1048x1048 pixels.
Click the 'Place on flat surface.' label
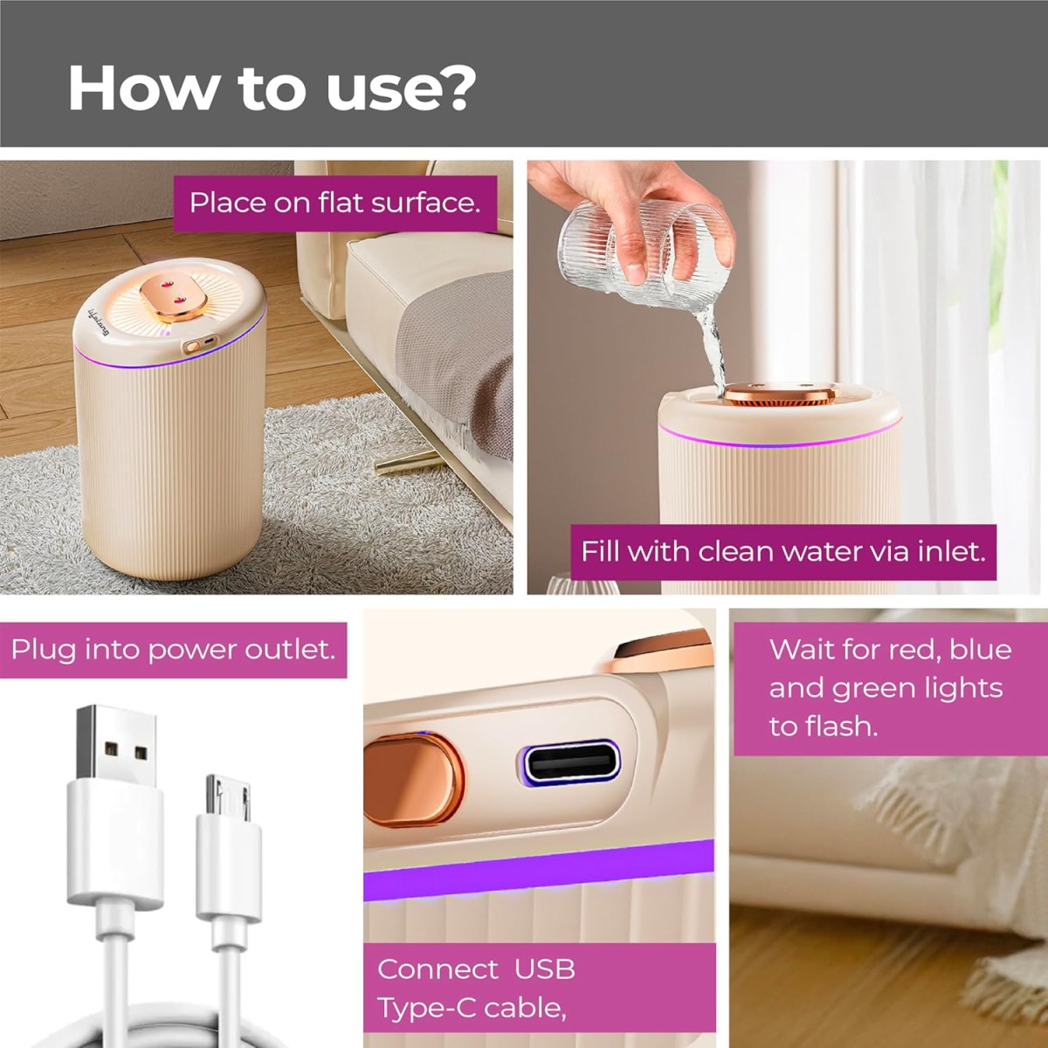pos(335,203)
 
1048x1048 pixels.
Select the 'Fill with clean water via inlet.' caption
pos(783,551)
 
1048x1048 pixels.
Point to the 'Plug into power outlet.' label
pos(173,650)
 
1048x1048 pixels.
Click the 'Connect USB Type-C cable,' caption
pos(476,988)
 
